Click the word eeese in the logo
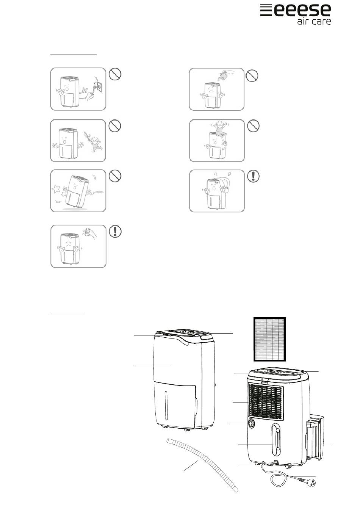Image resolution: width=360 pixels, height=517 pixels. pos(302,10)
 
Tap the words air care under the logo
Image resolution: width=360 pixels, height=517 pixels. pos(314,22)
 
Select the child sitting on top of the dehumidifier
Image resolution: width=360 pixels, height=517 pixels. pos(220,128)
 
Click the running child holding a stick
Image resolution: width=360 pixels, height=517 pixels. pos(94,142)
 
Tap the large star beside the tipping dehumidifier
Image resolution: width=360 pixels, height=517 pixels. pos(56,188)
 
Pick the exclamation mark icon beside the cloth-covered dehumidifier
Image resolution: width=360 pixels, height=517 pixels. pos(254,176)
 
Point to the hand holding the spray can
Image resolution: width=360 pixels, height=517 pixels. pos(91,233)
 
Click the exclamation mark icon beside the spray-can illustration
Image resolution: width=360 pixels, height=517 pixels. pos(115,231)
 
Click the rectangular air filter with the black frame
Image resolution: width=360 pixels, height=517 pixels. pos(270,339)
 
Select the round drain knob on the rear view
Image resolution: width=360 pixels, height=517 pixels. pos(251,424)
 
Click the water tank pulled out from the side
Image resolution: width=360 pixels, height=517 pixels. pos(315,436)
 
